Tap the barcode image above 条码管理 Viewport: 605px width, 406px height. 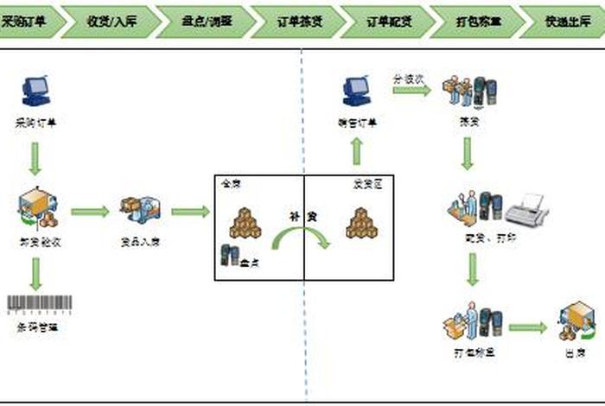(x=39, y=304)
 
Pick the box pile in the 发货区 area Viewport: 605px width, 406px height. (x=361, y=223)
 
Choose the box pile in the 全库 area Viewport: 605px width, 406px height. (x=245, y=223)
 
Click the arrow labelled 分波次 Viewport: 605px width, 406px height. (x=412, y=89)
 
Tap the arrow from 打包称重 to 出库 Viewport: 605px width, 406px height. (x=527, y=327)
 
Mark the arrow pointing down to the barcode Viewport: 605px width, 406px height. (x=35, y=274)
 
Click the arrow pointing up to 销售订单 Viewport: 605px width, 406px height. (x=356, y=152)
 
